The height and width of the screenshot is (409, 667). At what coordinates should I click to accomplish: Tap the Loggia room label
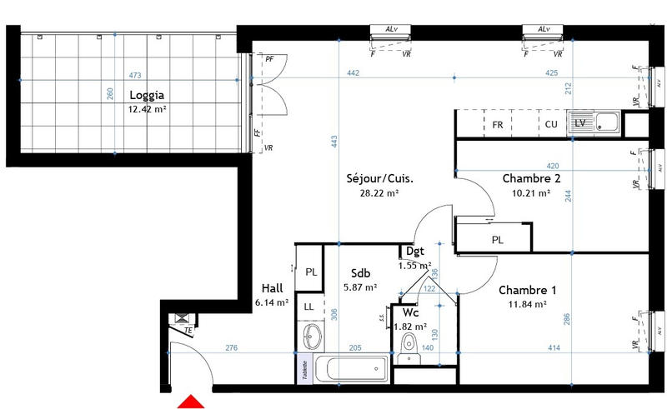pos(146,95)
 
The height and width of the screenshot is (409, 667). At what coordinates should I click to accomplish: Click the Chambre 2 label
pos(530,178)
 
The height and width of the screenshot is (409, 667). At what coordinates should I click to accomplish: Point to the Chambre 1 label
pos(528,290)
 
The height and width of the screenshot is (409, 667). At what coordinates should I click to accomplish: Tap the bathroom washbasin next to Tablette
pos(311,337)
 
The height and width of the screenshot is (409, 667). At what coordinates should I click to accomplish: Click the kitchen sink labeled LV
pos(594,124)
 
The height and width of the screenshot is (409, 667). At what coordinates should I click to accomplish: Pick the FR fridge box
pos(498,124)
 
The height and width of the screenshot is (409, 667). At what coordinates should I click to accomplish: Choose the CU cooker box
pos(551,124)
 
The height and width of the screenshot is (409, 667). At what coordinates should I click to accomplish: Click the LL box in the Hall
pos(309,307)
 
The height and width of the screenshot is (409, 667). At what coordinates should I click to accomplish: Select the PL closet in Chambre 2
pos(497,238)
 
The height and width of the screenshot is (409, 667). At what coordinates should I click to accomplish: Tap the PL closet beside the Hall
pos(309,272)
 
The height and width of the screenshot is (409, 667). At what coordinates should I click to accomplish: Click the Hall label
pos(273,288)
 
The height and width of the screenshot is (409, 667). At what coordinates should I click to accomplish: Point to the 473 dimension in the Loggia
pos(135,76)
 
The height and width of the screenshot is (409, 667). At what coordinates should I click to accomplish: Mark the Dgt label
pos(414,251)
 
